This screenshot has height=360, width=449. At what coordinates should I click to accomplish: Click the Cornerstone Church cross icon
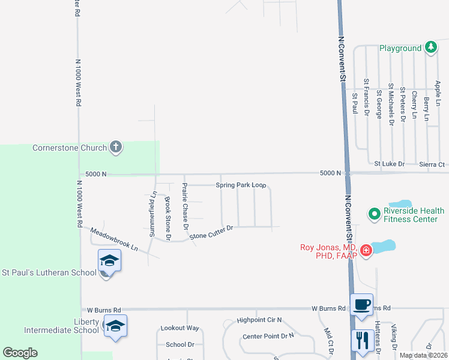coord(116,147)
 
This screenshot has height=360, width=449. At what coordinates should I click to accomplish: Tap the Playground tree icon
coord(430,47)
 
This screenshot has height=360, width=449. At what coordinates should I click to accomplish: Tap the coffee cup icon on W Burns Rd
coord(361,304)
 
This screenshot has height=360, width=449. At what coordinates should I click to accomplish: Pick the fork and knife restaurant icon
coord(362,341)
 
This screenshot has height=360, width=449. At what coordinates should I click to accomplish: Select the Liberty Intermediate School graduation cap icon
coord(115,326)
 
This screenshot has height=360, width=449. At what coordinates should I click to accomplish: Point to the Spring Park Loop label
coord(241,185)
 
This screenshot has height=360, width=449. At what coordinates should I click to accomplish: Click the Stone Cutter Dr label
coord(211,232)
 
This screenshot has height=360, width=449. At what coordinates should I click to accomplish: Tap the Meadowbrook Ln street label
coord(114,239)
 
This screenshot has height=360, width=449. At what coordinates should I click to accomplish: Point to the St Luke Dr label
coord(390,164)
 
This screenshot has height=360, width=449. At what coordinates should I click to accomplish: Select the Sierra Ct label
coord(432,164)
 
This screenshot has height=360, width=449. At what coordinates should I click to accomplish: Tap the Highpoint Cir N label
coord(259,320)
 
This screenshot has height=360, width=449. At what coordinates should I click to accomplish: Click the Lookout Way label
coord(179,328)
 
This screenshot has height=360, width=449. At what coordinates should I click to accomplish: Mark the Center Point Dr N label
coord(268,336)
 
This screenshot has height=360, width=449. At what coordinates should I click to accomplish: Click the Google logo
coord(20,353)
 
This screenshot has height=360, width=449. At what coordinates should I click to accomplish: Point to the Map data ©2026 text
coord(423,355)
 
